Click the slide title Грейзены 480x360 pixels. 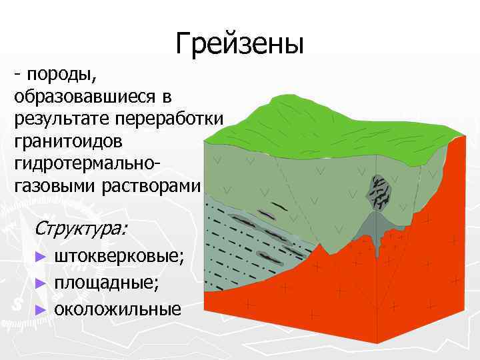click(x=240, y=44)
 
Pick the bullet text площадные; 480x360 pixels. click(x=107, y=283)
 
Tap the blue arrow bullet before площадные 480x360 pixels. click(x=41, y=283)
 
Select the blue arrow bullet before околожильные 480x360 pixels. click(x=41, y=309)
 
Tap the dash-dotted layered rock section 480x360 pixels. click(x=247, y=253)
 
